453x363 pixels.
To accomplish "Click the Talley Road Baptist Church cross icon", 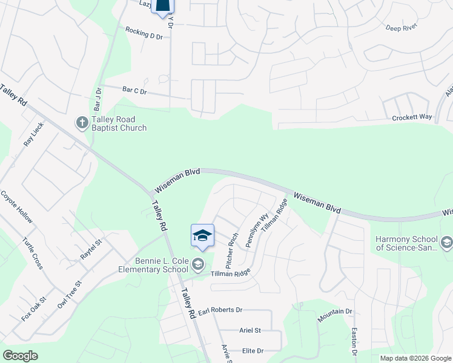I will [x=82, y=123].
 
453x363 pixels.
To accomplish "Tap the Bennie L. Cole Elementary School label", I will [x=154, y=265].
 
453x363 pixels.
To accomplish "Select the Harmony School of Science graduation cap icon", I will [x=446, y=243].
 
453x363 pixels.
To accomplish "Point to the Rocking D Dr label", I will [x=144, y=33].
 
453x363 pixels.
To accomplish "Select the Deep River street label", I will [x=403, y=28].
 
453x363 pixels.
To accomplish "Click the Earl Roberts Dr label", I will [x=220, y=310].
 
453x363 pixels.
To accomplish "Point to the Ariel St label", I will [x=250, y=330].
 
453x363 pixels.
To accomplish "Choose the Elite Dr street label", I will [x=253, y=350].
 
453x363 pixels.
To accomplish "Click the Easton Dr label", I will [x=355, y=342].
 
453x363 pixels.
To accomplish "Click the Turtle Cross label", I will [x=33, y=253].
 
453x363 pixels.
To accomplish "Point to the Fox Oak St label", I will [x=34, y=309].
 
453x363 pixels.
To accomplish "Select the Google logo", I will [x=21, y=355].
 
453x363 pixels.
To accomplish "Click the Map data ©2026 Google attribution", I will [x=415, y=358].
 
